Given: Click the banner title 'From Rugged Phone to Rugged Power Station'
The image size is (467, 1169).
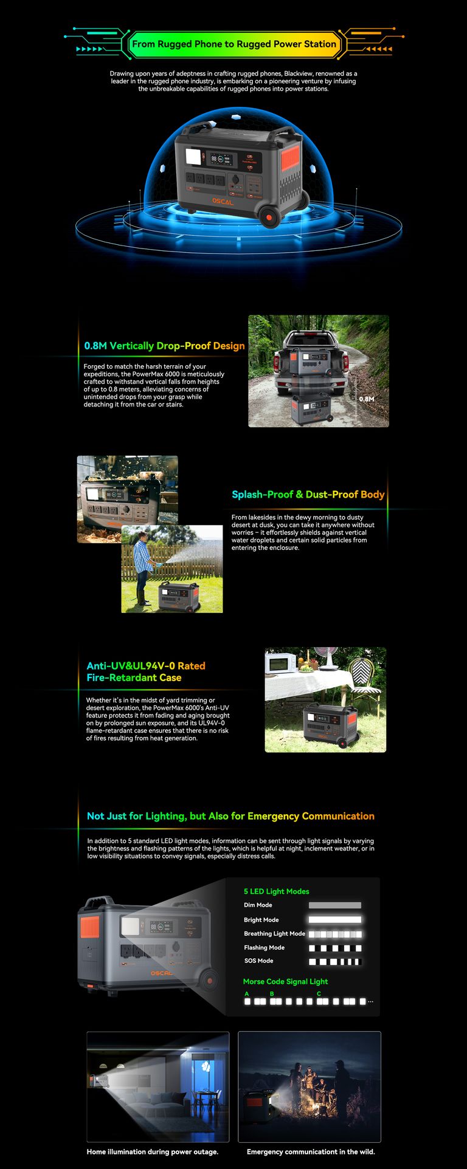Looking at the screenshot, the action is point(234,44).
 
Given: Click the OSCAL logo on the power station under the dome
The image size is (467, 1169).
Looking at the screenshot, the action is point(223,202).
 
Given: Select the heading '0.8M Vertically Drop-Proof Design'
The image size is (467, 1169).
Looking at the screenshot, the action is point(164,346).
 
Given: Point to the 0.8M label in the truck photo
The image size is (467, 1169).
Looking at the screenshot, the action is point(366,399).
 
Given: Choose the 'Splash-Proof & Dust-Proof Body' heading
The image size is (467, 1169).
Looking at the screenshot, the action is point(308,495).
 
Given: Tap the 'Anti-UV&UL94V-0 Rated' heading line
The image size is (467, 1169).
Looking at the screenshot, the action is point(146,666).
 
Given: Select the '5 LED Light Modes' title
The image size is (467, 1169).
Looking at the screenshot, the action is point(276,891).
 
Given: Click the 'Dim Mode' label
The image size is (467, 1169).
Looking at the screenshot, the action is point(258,905).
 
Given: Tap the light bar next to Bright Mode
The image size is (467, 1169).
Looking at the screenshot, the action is point(334,920).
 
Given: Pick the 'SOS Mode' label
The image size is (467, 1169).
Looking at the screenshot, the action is point(258,961).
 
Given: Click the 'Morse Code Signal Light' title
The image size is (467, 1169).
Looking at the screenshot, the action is point(285,981).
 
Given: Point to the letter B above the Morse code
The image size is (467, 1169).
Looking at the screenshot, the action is point(272,994).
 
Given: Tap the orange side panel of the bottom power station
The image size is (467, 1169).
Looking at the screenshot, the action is point(89,927).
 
